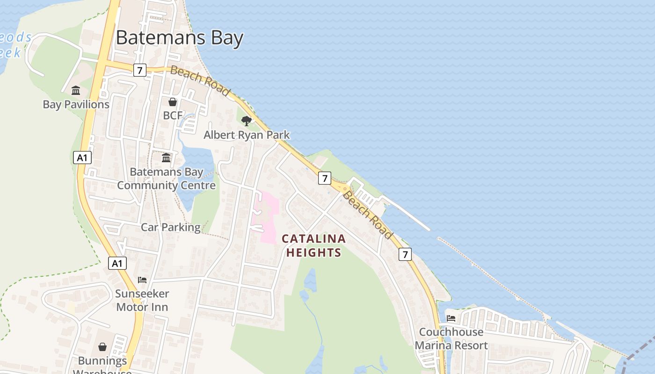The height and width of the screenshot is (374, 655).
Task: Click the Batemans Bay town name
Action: (180, 37)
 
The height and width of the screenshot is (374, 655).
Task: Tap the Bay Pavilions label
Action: (76, 104)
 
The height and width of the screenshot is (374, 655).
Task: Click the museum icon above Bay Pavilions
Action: (76, 90)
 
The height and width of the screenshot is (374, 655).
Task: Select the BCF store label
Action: (173, 115)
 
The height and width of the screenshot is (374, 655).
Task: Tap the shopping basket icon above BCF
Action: (173, 101)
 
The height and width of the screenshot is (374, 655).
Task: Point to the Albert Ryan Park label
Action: (247, 135)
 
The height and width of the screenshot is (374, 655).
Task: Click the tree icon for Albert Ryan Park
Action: (247, 122)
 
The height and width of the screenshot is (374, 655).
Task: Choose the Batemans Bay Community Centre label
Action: (166, 179)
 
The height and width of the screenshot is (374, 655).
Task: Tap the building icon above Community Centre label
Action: (166, 158)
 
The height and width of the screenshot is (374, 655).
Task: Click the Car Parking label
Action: (171, 228)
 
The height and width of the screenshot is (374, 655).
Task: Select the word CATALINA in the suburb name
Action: (313, 239)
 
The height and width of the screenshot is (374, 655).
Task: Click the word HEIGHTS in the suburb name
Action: (313, 253)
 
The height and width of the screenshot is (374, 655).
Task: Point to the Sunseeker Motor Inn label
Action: (142, 301)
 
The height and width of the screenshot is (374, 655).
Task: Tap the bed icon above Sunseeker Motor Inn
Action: (142, 280)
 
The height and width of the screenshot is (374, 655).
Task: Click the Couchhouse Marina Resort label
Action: (451, 338)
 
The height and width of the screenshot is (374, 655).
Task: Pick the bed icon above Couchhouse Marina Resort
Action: (451, 318)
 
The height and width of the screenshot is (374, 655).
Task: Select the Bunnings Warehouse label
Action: (102, 364)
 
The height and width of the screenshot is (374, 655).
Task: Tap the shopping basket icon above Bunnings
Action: (102, 347)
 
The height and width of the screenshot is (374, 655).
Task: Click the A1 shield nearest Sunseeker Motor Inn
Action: (117, 263)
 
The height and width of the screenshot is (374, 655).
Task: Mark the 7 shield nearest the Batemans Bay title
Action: (139, 70)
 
